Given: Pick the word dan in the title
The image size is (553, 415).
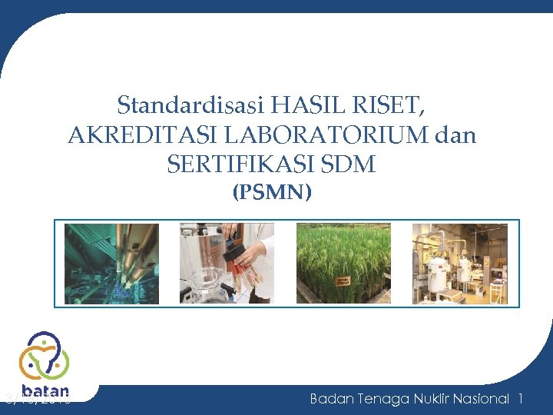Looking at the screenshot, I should click(x=455, y=135).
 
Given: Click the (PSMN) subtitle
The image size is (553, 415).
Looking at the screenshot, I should click(x=272, y=192).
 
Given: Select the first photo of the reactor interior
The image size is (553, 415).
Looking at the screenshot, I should click(x=111, y=264).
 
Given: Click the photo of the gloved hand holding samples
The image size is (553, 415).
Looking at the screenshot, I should click(x=227, y=264).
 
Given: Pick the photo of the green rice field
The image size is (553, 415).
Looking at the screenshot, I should click(x=343, y=264).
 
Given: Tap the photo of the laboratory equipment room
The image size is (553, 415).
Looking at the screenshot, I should click(x=459, y=264).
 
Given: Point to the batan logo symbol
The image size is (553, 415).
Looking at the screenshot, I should click(x=44, y=354).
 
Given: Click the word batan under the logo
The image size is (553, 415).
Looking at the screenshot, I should click(x=45, y=390).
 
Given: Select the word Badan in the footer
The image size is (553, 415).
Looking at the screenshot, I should click(x=329, y=398).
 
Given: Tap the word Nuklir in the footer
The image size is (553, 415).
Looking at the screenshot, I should click(x=431, y=398).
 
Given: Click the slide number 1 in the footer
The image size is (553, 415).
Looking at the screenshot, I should click(x=521, y=398).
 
